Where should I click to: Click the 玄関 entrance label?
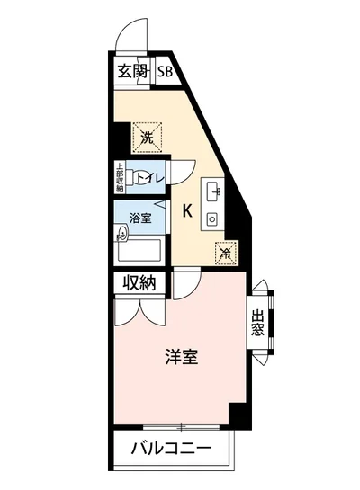(132, 73)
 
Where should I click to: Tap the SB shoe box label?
(166, 73)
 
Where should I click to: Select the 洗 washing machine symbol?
(148, 136)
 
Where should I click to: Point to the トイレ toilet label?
(149, 177)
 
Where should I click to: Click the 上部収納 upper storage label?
(120, 177)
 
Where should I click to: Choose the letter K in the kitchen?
(186, 212)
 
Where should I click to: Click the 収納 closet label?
(139, 282)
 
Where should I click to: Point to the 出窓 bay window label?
(257, 321)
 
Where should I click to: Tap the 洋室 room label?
(181, 357)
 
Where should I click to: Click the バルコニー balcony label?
(171, 448)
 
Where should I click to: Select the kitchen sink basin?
(213, 191)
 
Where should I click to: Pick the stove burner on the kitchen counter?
(213, 218)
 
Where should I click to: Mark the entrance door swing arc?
(127, 38)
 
